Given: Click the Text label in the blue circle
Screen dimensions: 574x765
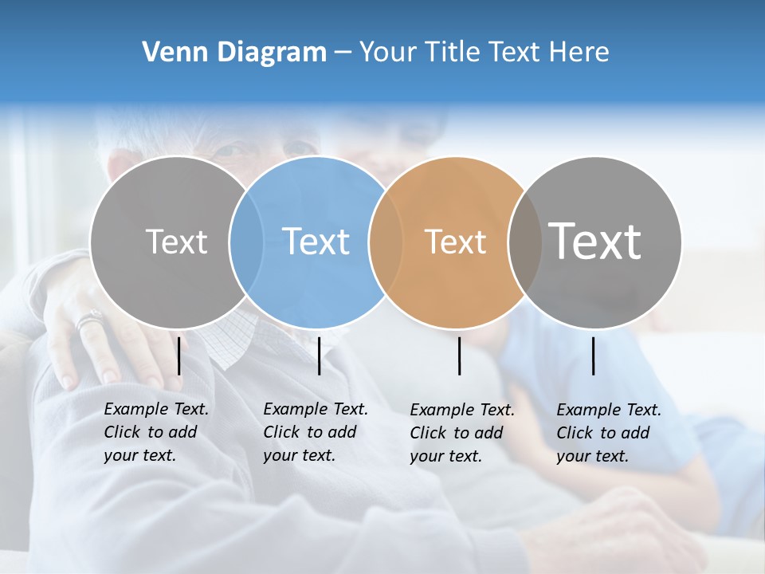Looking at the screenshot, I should tap(316, 242).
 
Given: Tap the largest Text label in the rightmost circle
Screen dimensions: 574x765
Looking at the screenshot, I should tap(595, 242).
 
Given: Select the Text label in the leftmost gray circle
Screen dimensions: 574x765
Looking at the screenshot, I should tap(176, 242).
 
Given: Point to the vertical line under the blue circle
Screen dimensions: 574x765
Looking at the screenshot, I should tap(319, 356).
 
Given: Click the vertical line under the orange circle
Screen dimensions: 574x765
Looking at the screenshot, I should tap(459, 356).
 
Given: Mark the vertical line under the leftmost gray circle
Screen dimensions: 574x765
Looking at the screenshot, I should tap(179, 356).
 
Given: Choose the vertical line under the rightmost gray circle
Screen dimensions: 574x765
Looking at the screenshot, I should tap(593, 356).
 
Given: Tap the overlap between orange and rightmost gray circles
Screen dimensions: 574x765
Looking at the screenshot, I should tap(524, 242).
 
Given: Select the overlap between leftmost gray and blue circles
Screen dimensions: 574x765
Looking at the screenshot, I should tap(246, 242).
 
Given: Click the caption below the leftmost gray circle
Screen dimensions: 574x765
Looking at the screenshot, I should tap(156, 432).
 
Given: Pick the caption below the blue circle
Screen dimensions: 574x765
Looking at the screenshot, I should tap(316, 432).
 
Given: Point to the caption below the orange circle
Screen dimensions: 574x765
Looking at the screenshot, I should tap(462, 433).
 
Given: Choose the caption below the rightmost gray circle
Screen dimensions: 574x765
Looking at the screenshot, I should tap(609, 433).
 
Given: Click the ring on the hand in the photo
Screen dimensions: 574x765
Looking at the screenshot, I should tap(89, 321).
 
